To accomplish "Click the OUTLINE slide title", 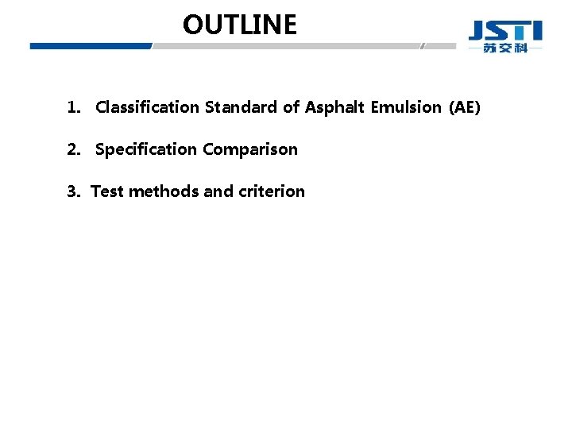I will (x=239, y=25).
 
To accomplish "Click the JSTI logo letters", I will (x=505, y=31).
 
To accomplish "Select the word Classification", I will (x=148, y=107).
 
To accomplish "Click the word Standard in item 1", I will (x=241, y=107).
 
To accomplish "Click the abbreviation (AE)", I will (x=465, y=107).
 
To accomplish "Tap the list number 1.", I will (x=73, y=107).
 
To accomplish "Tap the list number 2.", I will (x=73, y=149).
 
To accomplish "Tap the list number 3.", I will (x=73, y=191).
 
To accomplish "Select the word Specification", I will (x=146, y=149).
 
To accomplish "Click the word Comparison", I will (x=250, y=149).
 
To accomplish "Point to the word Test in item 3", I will (x=107, y=191).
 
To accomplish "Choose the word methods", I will (x=163, y=191).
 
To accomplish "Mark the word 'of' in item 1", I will (x=291, y=107).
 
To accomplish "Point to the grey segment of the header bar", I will (x=286, y=46).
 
